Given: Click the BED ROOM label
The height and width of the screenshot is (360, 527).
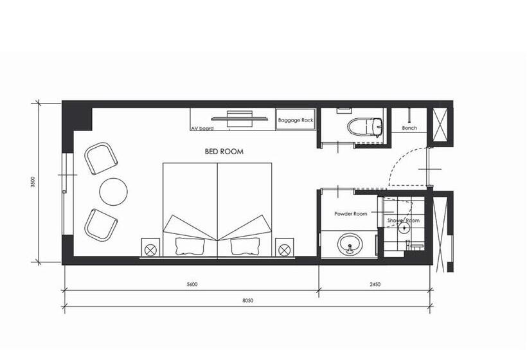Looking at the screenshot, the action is tap(224, 152).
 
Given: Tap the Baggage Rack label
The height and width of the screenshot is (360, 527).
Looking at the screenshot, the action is tap(296, 120).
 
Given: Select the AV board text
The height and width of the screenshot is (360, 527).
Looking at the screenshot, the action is tap(202, 129).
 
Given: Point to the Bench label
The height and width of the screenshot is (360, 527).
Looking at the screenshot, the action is tap(409, 128).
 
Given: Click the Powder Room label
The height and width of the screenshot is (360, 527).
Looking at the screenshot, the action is tap(350, 213).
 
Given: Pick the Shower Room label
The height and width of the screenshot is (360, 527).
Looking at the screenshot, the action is tap(404, 221).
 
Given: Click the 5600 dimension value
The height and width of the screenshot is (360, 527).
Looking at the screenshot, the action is tap(192, 284).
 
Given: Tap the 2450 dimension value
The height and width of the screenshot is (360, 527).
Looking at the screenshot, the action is tap(375, 284).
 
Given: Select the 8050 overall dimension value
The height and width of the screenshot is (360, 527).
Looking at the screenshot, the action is tap(247, 300).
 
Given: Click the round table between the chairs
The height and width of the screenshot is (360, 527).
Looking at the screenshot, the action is tap(113, 192).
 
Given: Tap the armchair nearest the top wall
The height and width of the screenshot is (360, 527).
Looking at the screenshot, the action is tap(101, 158).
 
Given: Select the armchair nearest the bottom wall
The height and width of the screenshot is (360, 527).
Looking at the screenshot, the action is tap(101, 224).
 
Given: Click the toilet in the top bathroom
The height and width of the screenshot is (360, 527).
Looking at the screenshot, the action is tap(365, 127).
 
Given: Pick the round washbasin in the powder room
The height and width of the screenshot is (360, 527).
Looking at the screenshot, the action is tap(350, 245).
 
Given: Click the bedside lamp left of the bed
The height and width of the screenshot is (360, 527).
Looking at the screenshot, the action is tap(150, 249).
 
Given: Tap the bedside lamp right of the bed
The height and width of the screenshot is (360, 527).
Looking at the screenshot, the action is tap(284, 249).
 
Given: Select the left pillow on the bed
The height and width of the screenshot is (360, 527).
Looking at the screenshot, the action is tap(190, 246).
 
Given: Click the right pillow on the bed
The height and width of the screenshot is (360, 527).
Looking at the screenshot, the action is tap(245, 246).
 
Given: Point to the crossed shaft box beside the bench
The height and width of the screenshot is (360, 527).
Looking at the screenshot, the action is tap(440, 125).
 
